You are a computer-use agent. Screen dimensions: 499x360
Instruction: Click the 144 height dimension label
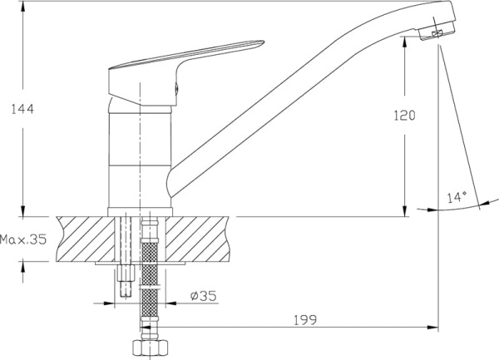coord(22,109)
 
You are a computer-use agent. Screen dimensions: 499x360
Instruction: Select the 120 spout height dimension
coord(405,115)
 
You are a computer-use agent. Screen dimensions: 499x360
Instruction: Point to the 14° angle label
coord(457,198)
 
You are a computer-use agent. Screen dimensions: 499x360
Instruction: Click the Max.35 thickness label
coord(23,239)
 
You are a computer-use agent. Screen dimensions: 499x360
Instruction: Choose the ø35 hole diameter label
coord(204,296)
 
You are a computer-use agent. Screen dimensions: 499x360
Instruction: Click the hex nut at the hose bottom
coord(150,348)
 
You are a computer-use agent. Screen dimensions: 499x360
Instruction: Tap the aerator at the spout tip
coord(437,32)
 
